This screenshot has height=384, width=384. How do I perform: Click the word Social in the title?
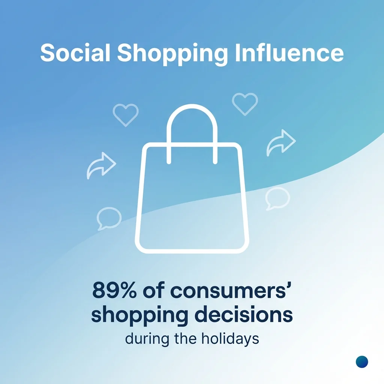[75, 53]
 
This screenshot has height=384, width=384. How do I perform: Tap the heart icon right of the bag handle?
[245, 103]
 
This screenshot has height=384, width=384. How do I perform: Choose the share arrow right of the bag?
[281, 143]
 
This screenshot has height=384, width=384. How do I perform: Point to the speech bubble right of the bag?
[277, 198]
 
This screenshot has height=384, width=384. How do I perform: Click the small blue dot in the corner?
[362, 362]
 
